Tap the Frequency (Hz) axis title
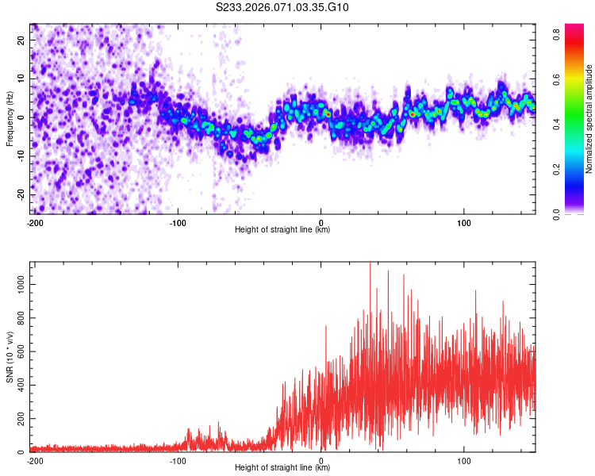point(10,118)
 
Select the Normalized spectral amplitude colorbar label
point(589,119)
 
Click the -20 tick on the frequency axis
point(21,195)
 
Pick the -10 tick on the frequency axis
point(21,156)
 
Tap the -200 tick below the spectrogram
point(35,223)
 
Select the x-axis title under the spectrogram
point(282,230)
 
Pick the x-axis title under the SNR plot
point(282,468)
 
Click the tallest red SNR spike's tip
point(370,263)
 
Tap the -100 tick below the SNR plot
point(178,461)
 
